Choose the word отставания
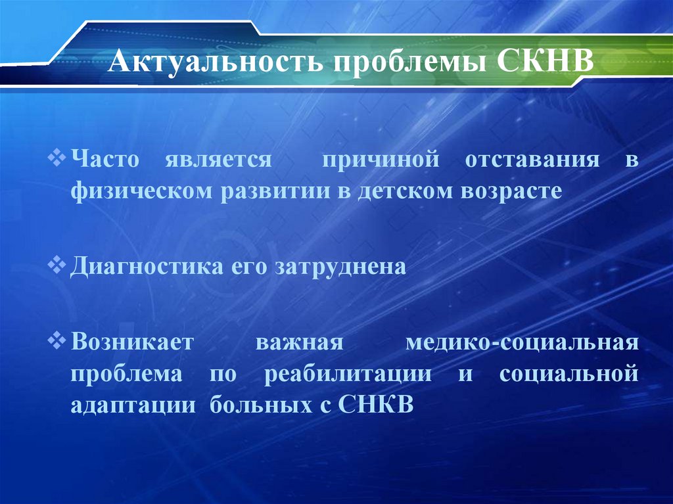click(x=528, y=161)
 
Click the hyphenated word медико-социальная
click(x=522, y=344)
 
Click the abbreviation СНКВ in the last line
click(x=376, y=405)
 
